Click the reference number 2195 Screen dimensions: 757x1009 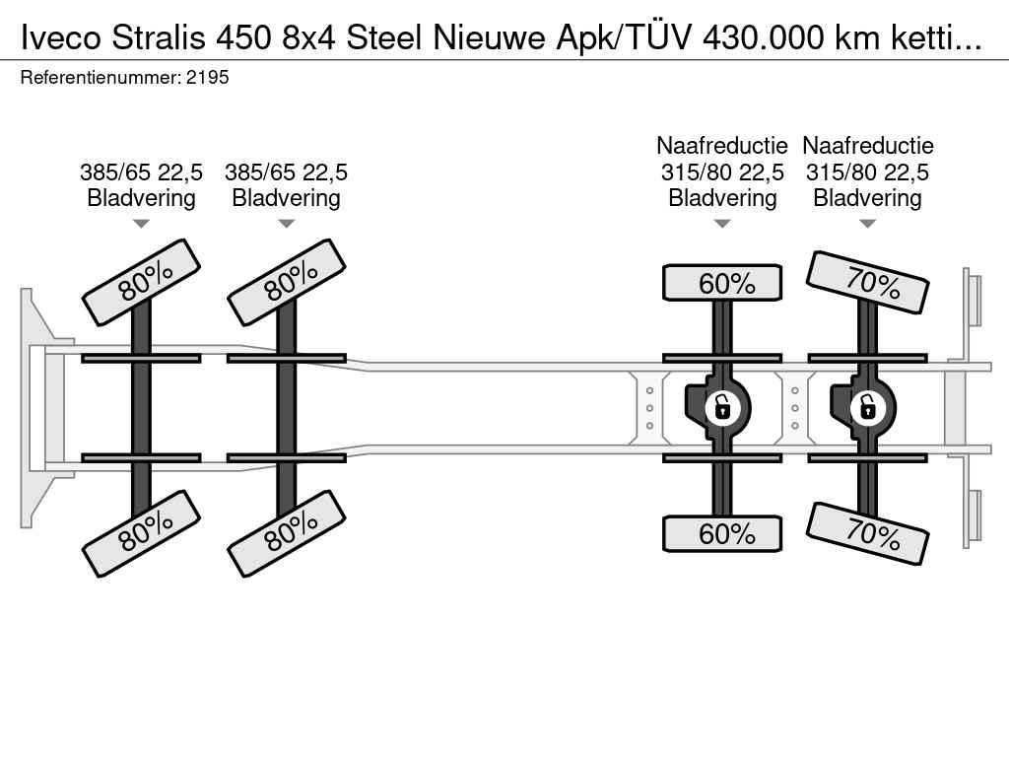pos(207,77)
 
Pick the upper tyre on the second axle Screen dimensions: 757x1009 pos(287,282)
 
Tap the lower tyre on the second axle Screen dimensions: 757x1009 pos(287,532)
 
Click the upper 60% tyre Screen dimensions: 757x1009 pos(722,284)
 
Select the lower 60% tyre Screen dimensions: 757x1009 pos(722,534)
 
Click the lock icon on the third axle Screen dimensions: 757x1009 pos(722,406)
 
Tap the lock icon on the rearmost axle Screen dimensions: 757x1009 pos(867,406)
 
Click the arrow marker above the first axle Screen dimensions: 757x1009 pos(142,224)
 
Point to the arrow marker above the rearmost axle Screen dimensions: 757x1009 pos(868,224)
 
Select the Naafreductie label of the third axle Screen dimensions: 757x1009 pos(722,146)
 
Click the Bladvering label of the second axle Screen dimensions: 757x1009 pos(287,198)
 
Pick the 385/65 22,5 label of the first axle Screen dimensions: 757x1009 pos(142,172)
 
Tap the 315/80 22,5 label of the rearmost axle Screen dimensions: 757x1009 pos(868,172)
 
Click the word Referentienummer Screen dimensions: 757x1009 pos(99,77)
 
